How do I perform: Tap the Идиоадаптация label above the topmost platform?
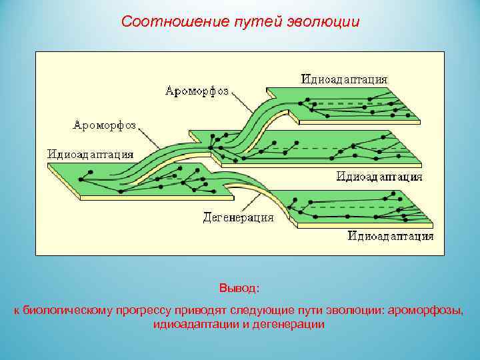click(344, 79)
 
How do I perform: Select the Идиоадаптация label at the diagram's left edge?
click(89, 154)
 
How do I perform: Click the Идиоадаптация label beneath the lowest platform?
click(391, 236)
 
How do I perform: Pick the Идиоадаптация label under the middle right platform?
click(379, 177)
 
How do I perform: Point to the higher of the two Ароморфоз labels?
click(197, 91)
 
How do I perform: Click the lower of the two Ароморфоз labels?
click(105, 125)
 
